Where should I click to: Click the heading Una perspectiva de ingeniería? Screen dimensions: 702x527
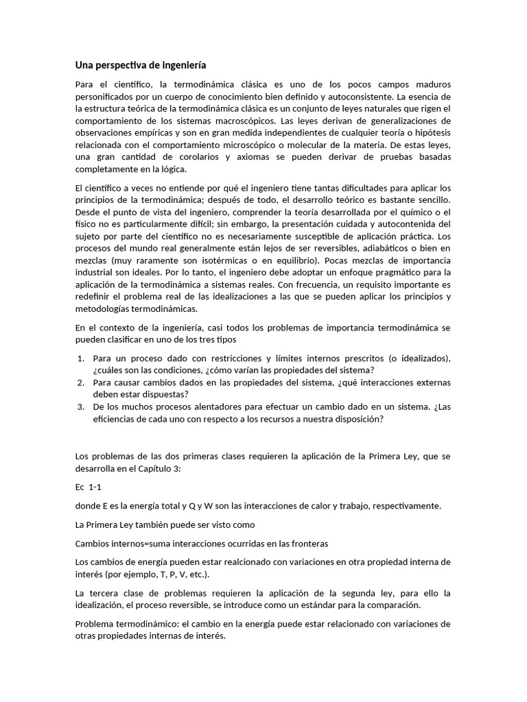click(x=140, y=65)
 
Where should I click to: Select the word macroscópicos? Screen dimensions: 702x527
click(x=237, y=121)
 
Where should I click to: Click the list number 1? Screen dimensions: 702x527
click(x=80, y=359)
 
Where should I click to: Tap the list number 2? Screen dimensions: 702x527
click(x=80, y=383)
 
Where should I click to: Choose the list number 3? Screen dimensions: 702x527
click(x=80, y=407)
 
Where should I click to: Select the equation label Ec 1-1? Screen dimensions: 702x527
click(x=88, y=486)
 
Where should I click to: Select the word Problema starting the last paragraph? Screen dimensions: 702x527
click(x=96, y=624)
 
